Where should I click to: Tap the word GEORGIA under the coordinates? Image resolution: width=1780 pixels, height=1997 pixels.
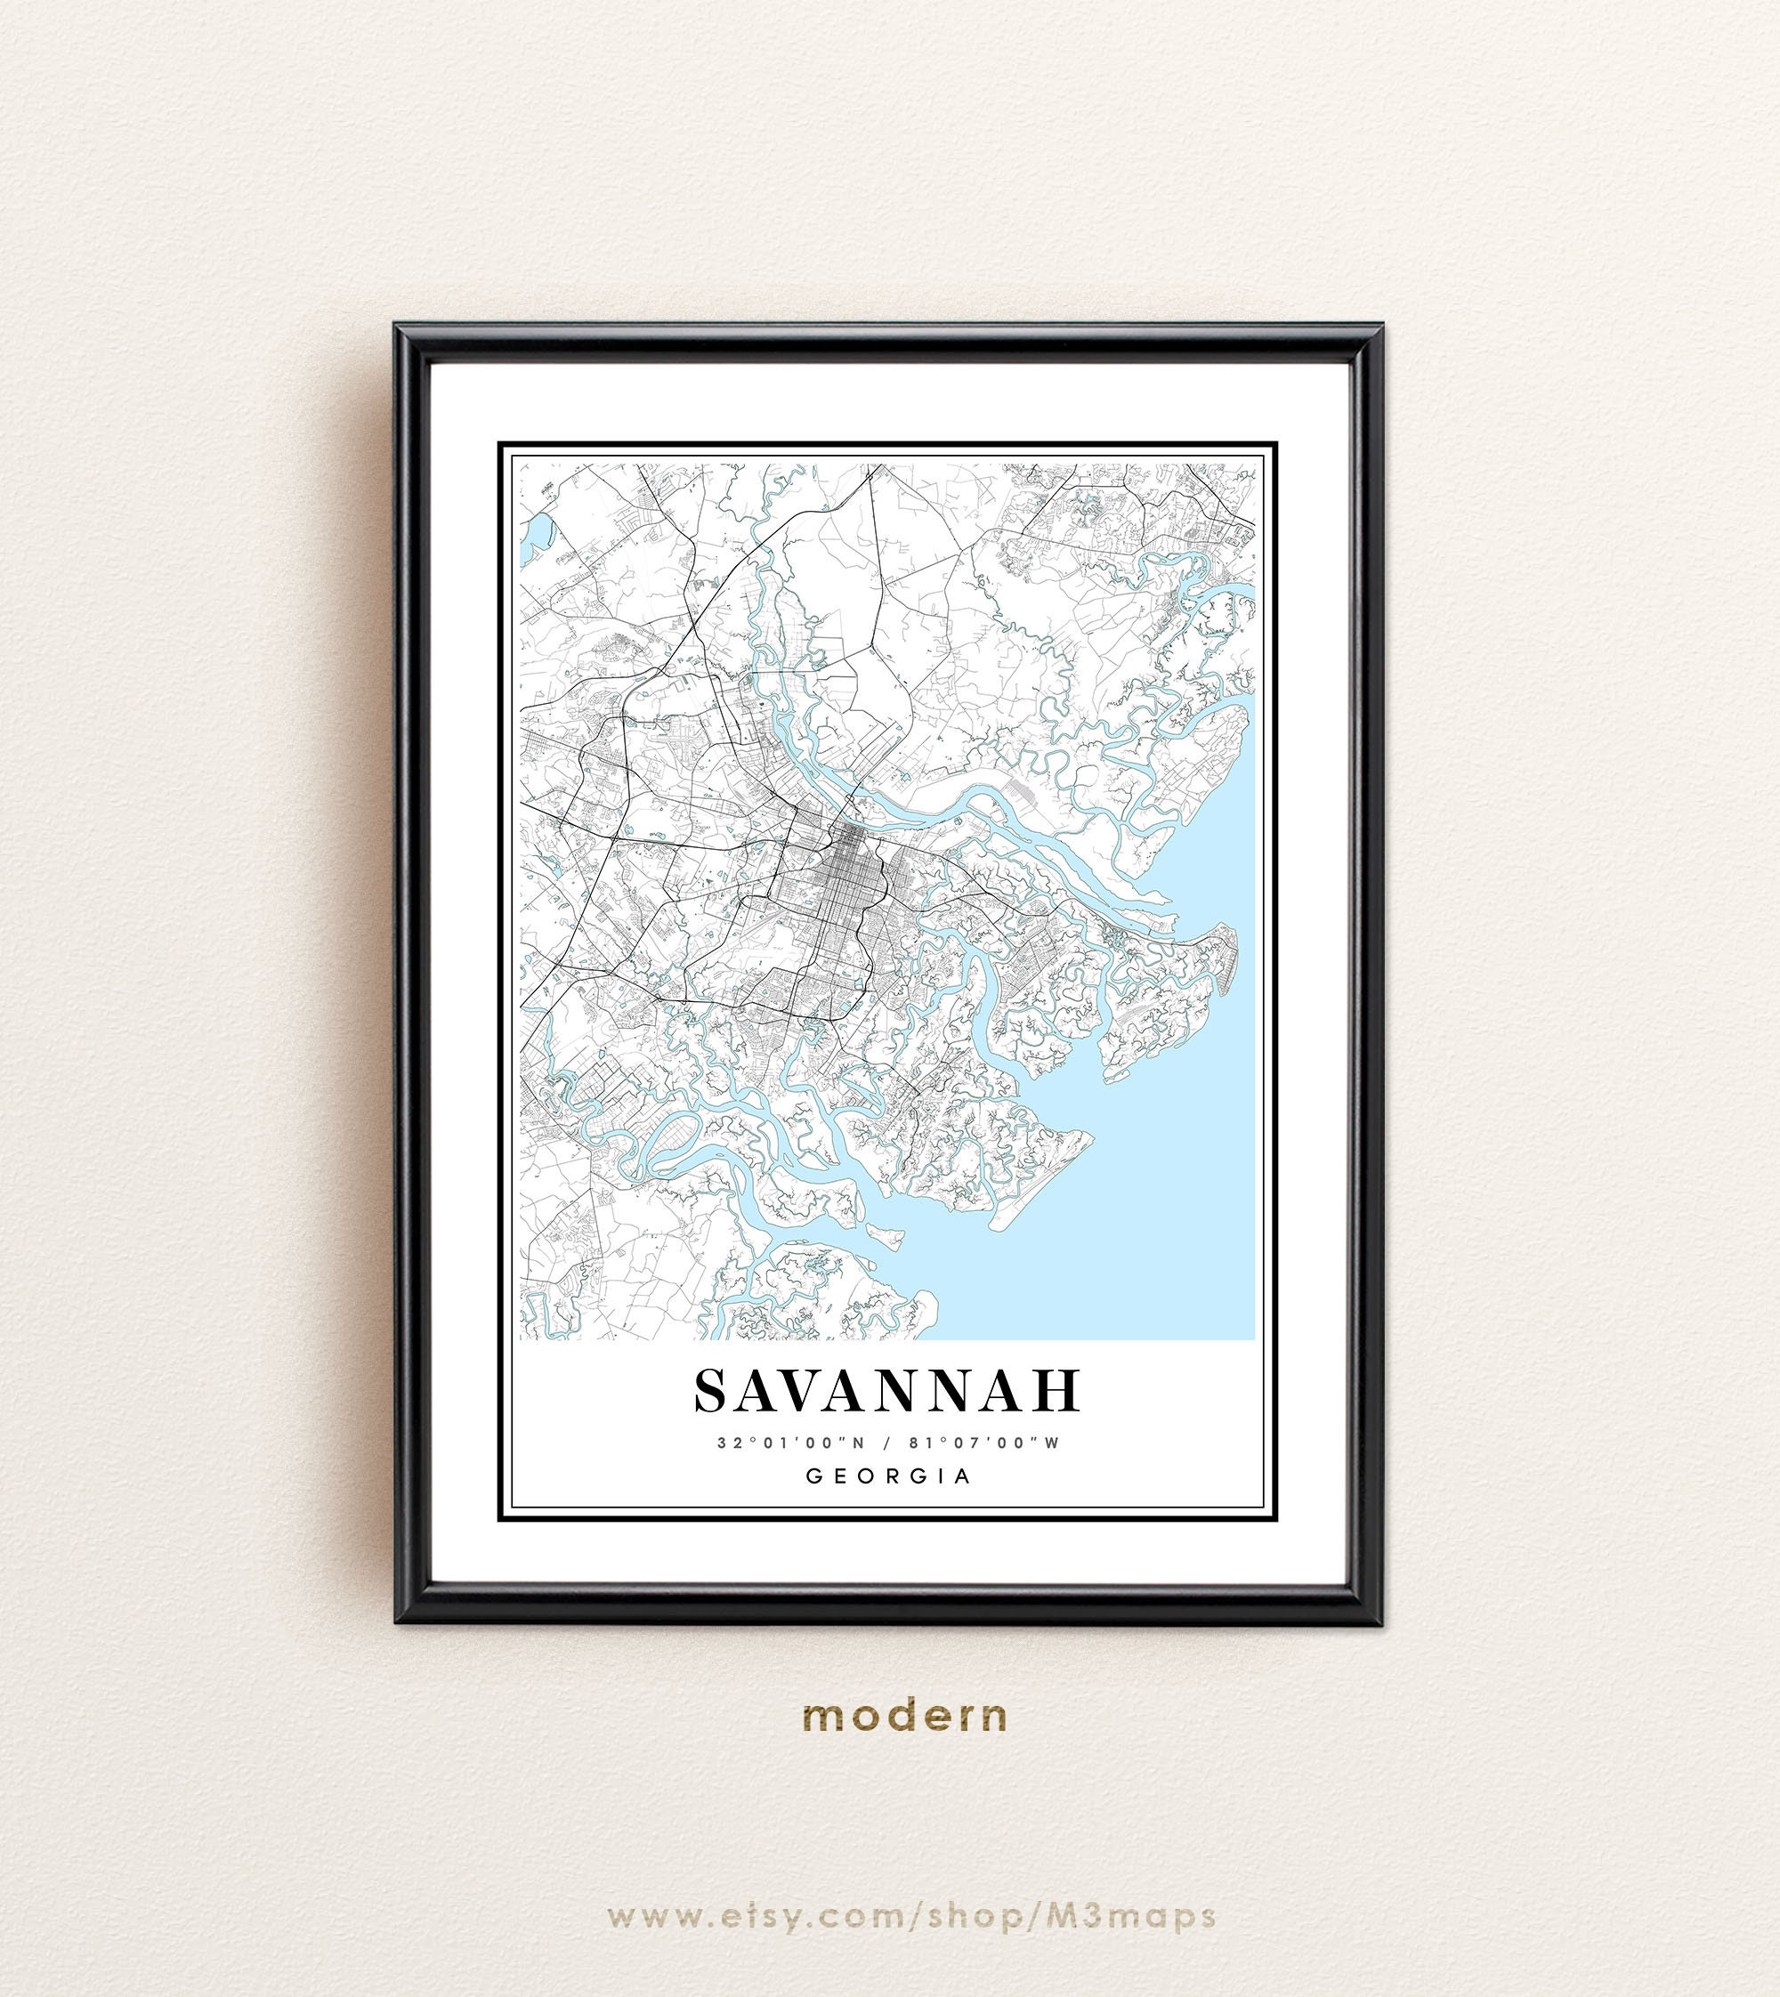[888, 1476]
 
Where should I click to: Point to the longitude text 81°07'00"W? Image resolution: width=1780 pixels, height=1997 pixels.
[983, 1443]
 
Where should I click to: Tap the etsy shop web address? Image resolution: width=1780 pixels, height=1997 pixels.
[910, 1916]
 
